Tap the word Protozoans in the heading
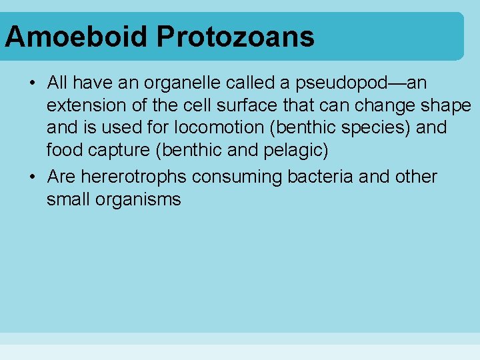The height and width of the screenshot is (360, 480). (235, 37)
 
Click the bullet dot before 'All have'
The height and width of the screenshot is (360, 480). (32, 83)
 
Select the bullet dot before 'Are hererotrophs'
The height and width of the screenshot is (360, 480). (32, 177)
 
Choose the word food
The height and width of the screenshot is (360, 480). (63, 150)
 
